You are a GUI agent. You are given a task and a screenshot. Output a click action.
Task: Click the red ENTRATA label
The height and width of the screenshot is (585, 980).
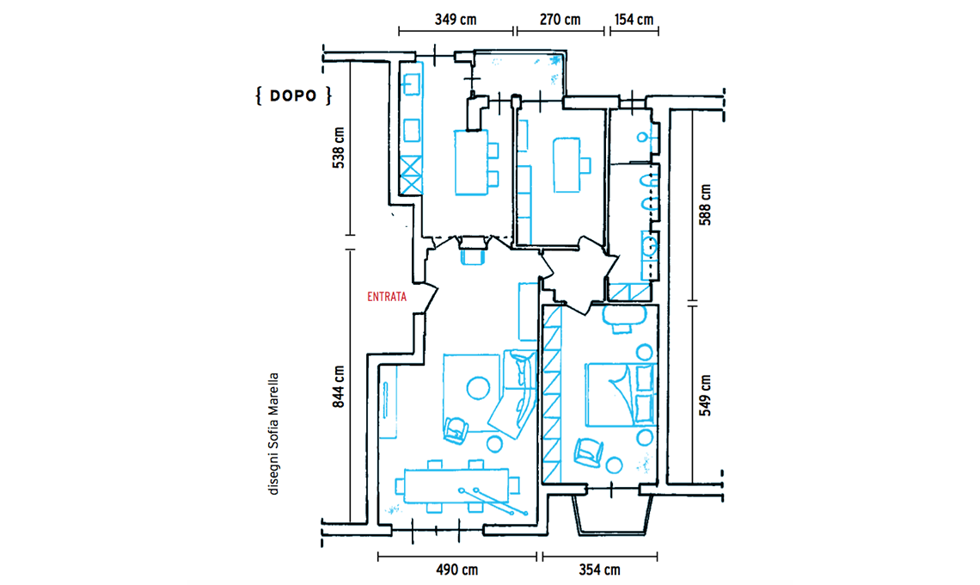point(386,297)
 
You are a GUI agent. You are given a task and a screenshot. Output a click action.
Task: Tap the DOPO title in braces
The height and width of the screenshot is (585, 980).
point(294,95)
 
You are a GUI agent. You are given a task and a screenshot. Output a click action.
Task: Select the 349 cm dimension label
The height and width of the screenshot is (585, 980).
point(456,20)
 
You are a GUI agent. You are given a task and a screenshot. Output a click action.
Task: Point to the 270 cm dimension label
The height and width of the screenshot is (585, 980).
point(560,20)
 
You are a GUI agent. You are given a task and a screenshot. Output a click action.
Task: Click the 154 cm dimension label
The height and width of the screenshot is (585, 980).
point(634,20)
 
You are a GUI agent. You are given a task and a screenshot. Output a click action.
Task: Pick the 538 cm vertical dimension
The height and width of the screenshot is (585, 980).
point(338,148)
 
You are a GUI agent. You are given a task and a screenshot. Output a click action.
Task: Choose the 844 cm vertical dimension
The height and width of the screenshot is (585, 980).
point(338,386)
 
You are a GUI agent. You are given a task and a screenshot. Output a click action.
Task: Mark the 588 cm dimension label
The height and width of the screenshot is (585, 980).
point(705,205)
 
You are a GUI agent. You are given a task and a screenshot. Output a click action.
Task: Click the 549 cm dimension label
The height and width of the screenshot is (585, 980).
point(705,396)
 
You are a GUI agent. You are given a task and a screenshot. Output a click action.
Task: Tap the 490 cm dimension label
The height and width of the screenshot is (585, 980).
point(456,570)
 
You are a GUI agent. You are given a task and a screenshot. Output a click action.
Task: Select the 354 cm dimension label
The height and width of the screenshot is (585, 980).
point(599,570)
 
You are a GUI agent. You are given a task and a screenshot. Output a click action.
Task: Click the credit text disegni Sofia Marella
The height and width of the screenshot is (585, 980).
point(273,434)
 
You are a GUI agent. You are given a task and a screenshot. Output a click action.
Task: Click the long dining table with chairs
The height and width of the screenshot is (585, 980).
point(457,487)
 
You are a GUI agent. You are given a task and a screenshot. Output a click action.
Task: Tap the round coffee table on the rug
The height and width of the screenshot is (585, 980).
point(478,388)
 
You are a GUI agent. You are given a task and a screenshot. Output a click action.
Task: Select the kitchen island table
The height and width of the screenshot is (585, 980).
point(472,163)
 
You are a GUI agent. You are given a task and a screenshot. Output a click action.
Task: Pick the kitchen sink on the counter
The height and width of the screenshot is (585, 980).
point(411,83)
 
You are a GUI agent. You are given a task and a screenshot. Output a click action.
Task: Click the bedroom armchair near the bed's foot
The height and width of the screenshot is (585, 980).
point(588,452)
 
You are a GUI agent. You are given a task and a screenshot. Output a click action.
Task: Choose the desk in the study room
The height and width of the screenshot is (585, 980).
point(567,165)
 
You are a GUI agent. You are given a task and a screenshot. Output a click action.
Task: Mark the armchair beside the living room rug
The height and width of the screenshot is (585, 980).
point(456,430)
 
